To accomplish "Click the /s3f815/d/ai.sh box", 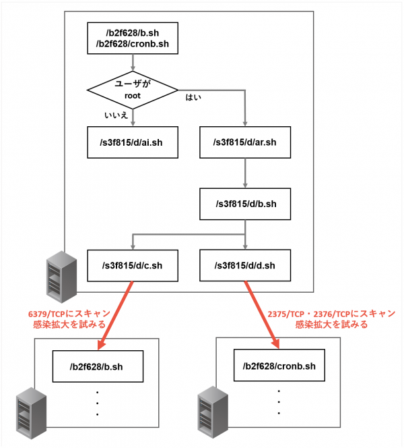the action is point(133,142).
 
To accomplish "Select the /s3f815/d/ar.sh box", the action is point(245,142).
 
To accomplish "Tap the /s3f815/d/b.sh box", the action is point(245,204).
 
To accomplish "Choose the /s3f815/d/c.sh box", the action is point(133,265).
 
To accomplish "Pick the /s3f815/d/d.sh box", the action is point(245,265).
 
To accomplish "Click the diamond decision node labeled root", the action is point(133,90).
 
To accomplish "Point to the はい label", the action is point(193,97).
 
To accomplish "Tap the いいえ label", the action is point(116,115).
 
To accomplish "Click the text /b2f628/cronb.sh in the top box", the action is point(133,44).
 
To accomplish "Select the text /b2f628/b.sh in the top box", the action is point(133,33).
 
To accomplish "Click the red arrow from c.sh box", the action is point(115,316).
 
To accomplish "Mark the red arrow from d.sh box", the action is point(262,315).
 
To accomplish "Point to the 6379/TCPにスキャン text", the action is point(69,314).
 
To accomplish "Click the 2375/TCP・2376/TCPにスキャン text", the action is point(331,314).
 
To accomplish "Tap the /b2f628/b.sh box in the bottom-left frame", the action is point(98,366).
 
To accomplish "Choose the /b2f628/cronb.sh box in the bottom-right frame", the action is point(279,365).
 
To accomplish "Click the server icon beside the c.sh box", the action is point(61,277).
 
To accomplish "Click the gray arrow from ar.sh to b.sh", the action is point(245,173).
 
